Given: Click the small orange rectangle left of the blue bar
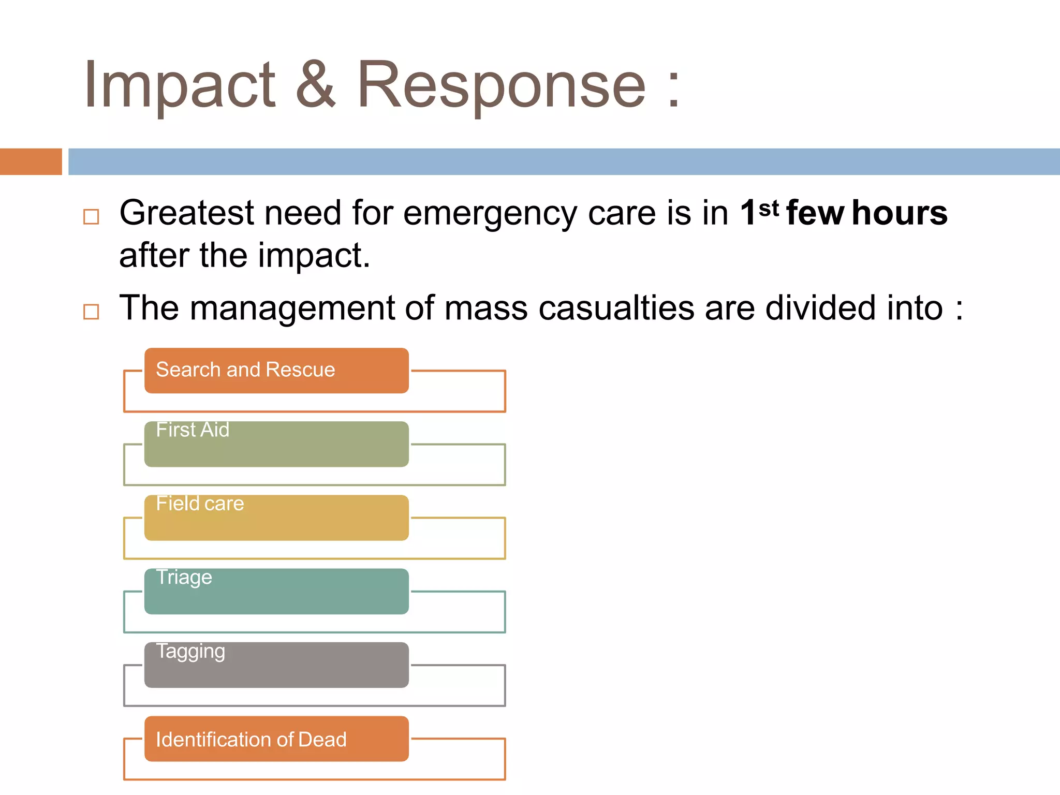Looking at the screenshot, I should click(31, 161).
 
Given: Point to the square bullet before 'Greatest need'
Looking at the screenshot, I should click(91, 216).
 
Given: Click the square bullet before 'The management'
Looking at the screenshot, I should click(91, 312).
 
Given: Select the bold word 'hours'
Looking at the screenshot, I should click(900, 213).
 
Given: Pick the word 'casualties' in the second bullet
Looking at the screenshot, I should click(616, 308).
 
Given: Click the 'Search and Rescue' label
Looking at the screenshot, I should click(245, 370).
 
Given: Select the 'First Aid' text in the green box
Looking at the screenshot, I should click(193, 430).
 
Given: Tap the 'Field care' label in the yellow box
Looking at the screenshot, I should click(200, 504).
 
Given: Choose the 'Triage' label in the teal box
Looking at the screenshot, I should click(184, 577).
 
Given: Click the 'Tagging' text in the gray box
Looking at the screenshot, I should click(190, 651).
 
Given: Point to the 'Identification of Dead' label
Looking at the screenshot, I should click(251, 740).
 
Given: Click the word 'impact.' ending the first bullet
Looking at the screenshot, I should click(314, 256).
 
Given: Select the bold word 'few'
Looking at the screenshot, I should click(815, 213).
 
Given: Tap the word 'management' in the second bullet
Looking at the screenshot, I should click(292, 308).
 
